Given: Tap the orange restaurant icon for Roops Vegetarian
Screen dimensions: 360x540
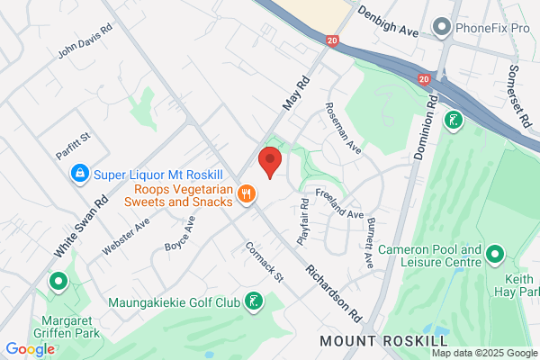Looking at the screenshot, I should (x=247, y=193).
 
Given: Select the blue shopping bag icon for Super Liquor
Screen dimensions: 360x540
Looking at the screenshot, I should (x=80, y=171).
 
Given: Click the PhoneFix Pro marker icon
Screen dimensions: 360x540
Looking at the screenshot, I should (x=441, y=28).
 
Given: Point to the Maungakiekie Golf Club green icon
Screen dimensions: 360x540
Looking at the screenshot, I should (x=255, y=302).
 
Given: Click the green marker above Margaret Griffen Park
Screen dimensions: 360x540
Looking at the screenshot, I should (x=59, y=283).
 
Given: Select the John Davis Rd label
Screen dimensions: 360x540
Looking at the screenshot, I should (x=85, y=41).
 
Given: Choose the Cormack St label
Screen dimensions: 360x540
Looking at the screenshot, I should (x=264, y=261).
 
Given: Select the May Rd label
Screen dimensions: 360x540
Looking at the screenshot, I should (x=296, y=93).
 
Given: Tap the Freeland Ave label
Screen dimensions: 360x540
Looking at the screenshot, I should (x=338, y=203).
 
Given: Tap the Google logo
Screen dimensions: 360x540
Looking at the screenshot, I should (x=30, y=349).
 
